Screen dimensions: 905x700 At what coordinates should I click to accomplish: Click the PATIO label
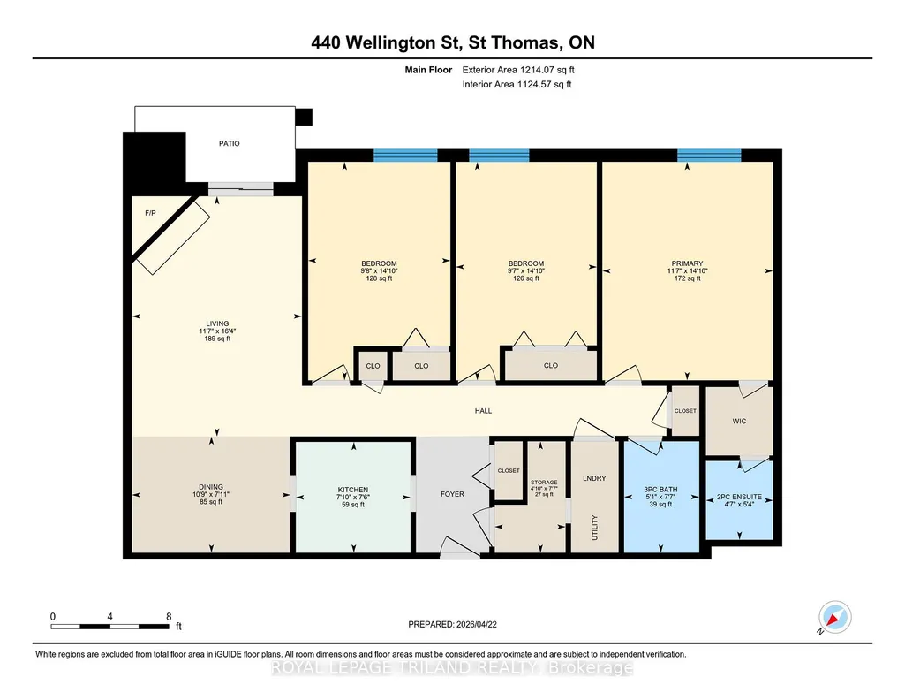[230, 143]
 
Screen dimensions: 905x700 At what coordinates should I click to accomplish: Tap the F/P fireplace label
[150, 213]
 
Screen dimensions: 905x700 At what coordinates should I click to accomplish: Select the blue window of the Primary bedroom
[709, 155]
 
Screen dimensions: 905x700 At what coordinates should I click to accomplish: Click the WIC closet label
[739, 421]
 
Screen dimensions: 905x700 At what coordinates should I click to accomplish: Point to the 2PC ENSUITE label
[739, 497]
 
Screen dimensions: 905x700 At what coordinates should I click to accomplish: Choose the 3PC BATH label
[660, 489]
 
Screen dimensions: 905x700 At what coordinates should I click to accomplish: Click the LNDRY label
[594, 478]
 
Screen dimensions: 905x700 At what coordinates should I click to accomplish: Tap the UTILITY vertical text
[594, 528]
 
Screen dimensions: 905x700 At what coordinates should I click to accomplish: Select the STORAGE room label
[544, 483]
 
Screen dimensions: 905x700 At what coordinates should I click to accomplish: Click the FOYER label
[452, 494]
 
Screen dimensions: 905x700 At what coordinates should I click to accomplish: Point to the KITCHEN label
[353, 490]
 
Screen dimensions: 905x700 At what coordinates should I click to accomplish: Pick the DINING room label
[211, 487]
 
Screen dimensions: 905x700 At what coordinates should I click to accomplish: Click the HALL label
[484, 411]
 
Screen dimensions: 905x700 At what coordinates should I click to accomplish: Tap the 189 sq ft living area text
[217, 339]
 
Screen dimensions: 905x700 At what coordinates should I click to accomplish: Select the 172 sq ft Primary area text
[688, 278]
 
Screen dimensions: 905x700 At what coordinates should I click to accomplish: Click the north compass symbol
[834, 618]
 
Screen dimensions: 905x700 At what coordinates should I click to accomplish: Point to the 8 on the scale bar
[170, 616]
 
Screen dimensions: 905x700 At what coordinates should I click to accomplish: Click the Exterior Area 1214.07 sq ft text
[518, 70]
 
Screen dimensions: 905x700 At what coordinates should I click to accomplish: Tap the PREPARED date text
[452, 624]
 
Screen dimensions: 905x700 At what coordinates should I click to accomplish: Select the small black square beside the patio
[304, 118]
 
